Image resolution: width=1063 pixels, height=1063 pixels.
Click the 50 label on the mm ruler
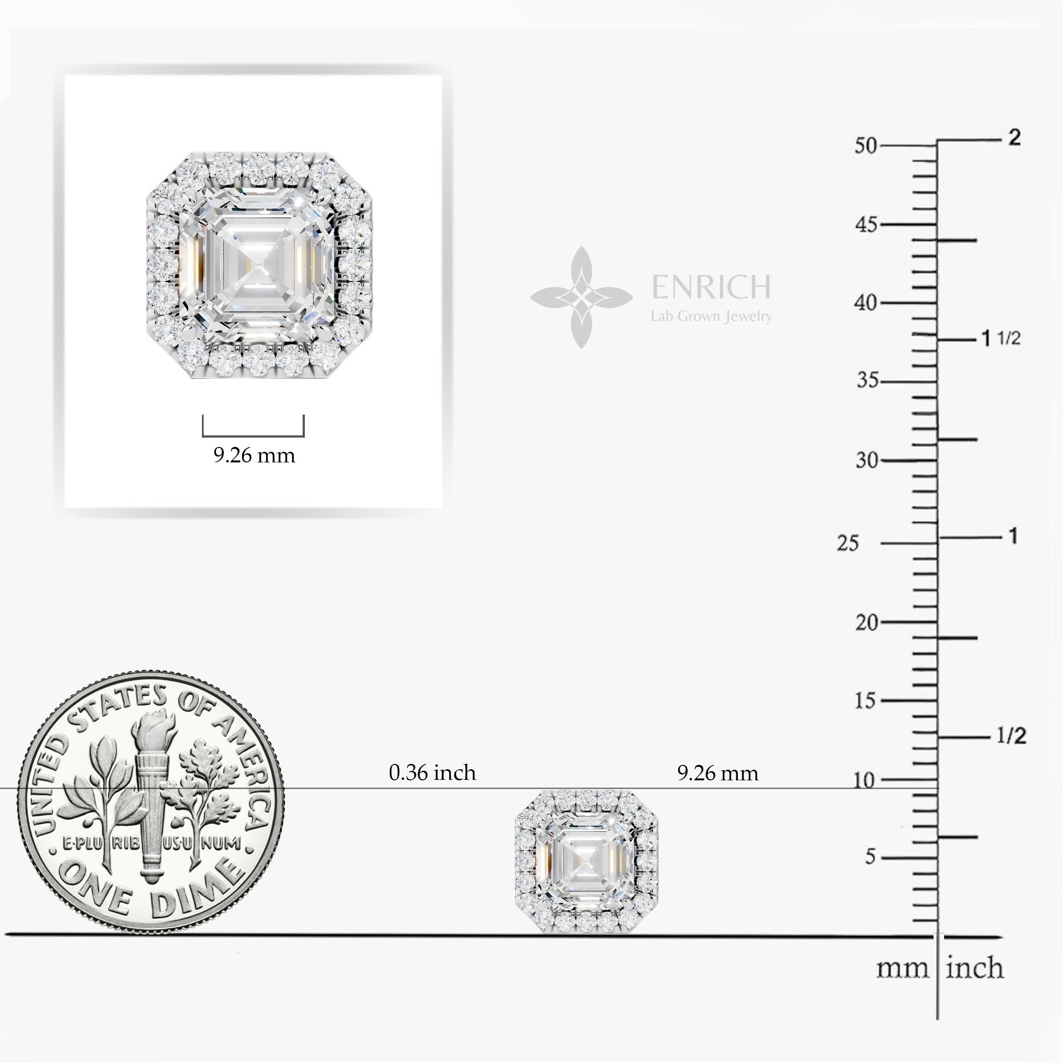pos(865,146)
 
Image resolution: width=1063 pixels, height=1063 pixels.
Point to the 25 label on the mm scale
pos(848,544)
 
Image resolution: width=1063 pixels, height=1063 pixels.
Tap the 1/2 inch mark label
pos(1011,735)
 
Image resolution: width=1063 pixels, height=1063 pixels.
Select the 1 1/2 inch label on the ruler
pos(1001,338)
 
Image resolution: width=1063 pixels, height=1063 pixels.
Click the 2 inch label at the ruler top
pos(1015,137)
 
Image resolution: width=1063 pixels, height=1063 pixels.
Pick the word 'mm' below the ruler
pos(902,969)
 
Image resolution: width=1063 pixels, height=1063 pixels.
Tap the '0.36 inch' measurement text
pos(432,773)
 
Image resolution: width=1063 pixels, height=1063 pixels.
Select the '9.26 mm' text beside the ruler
pos(718,773)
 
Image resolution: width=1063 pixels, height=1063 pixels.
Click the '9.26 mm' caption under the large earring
pos(254,455)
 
